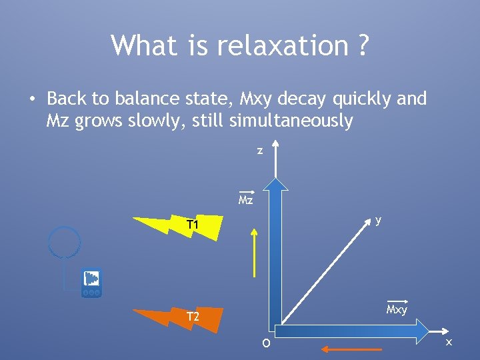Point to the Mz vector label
pyautogui.click(x=246, y=199)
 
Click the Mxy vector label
pyautogui.click(x=397, y=309)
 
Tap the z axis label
pyautogui.click(x=260, y=151)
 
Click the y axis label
pyautogui.click(x=378, y=220)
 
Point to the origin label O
pyautogui.click(x=266, y=343)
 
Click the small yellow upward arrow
pyautogui.click(x=253, y=251)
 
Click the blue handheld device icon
pyautogui.click(x=91, y=283)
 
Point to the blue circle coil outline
pyautogui.click(x=65, y=242)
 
